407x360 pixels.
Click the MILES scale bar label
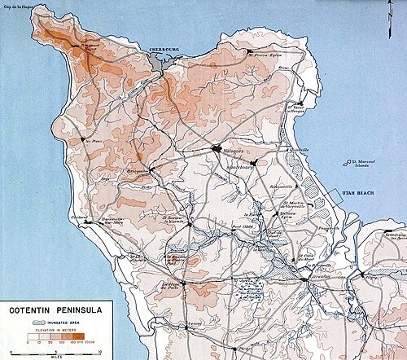50,356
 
